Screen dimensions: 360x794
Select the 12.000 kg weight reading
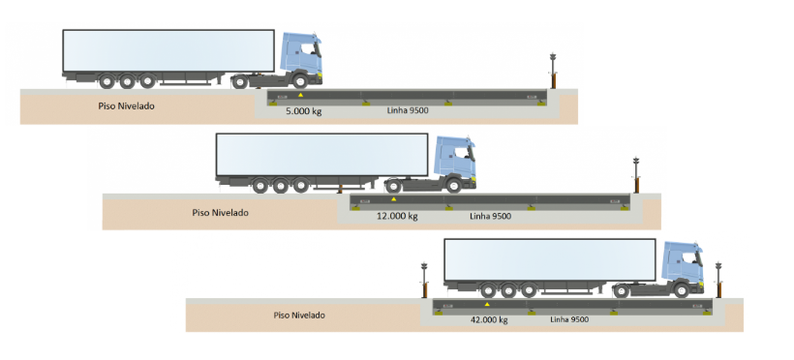pyautogui.click(x=397, y=216)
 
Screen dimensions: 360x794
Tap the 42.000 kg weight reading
pyautogui.click(x=488, y=319)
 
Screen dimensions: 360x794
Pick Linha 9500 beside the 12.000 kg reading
pyautogui.click(x=489, y=216)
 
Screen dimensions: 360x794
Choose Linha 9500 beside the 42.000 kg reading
pyautogui.click(x=570, y=319)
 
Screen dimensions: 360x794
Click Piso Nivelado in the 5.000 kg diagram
pyautogui.click(x=127, y=105)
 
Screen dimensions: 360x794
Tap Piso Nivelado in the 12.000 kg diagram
pyautogui.click(x=221, y=212)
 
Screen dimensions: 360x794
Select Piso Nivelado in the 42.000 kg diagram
pyautogui.click(x=299, y=315)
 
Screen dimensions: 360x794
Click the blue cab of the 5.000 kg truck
pyautogui.click(x=300, y=58)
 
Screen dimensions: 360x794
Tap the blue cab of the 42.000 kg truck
pyautogui.click(x=682, y=266)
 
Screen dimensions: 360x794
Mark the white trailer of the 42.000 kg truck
pyautogui.click(x=549, y=259)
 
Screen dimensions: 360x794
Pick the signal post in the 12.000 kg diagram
pyautogui.click(x=636, y=174)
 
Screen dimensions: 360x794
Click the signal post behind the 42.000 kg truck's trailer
pyautogui.click(x=423, y=279)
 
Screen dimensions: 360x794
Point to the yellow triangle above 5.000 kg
pyautogui.click(x=300, y=96)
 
